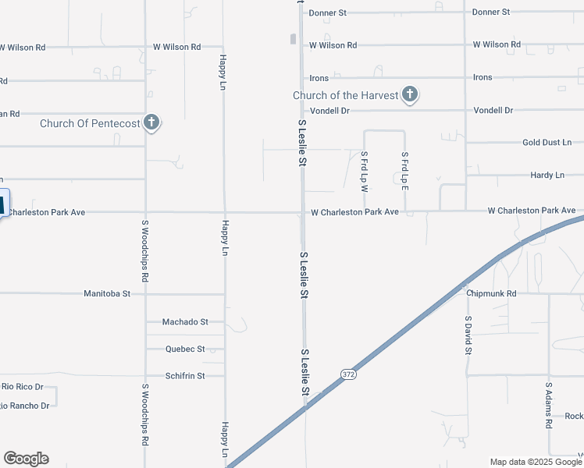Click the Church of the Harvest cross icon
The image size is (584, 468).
pyautogui.click(x=410, y=96)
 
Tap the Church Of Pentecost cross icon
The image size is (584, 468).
pyautogui.click(x=151, y=122)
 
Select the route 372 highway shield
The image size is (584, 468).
pyautogui.click(x=348, y=375)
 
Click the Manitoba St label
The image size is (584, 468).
pyautogui.click(x=107, y=294)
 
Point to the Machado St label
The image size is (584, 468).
pyautogui.click(x=185, y=321)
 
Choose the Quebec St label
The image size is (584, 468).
pyautogui.click(x=185, y=349)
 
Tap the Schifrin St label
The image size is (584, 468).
pyautogui.click(x=185, y=376)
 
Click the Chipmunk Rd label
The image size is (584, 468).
pyautogui.click(x=492, y=294)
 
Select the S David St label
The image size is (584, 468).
pyautogui.click(x=468, y=336)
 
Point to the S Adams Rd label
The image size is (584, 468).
pyautogui.click(x=549, y=404)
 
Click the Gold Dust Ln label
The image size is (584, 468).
pyautogui.click(x=547, y=143)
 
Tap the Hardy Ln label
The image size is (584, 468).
pyautogui.click(x=547, y=175)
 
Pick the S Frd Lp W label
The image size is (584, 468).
pyautogui.click(x=364, y=171)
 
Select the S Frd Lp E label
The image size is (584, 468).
pyautogui.click(x=404, y=171)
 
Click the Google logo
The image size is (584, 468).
pyautogui.click(x=26, y=459)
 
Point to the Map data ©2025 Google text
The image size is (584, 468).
pyautogui.click(x=535, y=462)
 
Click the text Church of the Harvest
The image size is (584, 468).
pyautogui.click(x=345, y=96)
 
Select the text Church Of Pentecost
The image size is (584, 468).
pyautogui.click(x=91, y=123)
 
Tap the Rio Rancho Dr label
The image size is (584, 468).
pyautogui.click(x=24, y=406)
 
